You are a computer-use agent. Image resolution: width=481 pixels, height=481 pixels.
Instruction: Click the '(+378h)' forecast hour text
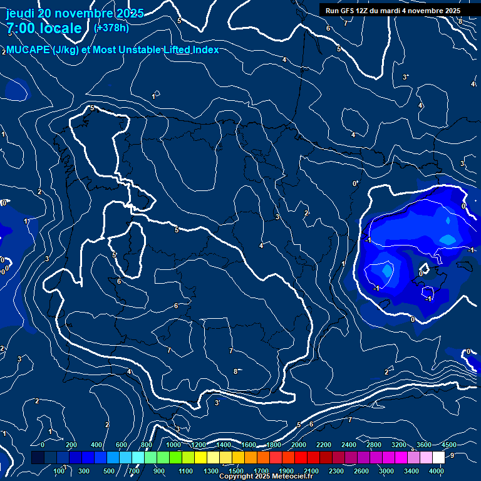[x=111, y=28]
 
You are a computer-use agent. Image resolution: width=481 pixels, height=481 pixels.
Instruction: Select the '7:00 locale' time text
[x=44, y=28]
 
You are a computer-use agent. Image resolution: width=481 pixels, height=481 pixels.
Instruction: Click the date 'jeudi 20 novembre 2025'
[x=74, y=13]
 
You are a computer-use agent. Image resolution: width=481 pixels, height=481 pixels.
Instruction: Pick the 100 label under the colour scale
[x=60, y=471]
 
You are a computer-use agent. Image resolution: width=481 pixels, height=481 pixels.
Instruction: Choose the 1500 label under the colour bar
[x=236, y=471]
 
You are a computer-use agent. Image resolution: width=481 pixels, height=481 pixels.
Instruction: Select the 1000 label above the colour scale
[x=173, y=445]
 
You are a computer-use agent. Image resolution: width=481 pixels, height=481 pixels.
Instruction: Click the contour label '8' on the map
[x=235, y=371]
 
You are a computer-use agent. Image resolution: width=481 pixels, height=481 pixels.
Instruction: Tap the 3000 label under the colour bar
[x=386, y=471]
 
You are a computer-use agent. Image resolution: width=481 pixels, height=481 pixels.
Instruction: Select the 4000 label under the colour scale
[x=437, y=471]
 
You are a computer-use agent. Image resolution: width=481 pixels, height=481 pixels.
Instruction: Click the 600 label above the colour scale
[x=122, y=445]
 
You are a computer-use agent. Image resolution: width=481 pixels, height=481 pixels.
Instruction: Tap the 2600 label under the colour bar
[x=361, y=471]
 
